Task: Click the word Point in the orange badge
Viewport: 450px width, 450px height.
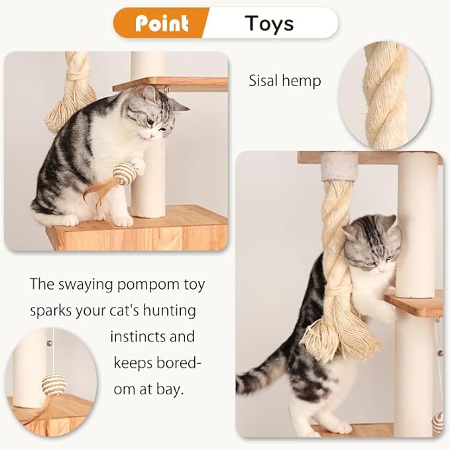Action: tap(162, 23)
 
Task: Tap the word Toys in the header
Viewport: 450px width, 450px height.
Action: tap(268, 23)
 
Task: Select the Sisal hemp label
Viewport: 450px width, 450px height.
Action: tap(284, 81)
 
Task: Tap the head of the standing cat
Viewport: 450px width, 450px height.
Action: tap(372, 243)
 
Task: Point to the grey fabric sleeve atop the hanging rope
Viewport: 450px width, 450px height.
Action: tap(339, 166)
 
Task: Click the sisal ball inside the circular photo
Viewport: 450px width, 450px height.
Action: tap(53, 384)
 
